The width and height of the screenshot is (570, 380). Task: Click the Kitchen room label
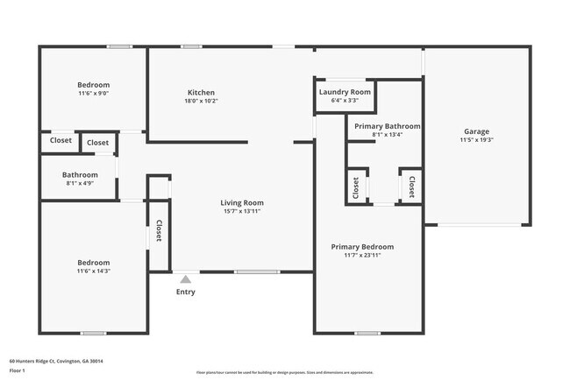(x=201, y=93)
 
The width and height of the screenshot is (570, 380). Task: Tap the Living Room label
(x=242, y=202)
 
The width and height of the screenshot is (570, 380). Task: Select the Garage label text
(x=476, y=131)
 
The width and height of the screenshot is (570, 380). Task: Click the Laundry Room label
(x=345, y=92)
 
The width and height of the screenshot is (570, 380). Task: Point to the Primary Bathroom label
(x=388, y=126)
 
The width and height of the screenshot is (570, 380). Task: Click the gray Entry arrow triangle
(x=185, y=278)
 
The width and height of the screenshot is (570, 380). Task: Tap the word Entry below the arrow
(x=186, y=292)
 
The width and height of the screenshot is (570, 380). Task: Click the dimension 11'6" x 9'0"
(x=93, y=94)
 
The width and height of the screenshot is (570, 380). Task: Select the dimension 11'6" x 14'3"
(x=93, y=271)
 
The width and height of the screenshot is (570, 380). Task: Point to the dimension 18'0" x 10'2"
(x=201, y=102)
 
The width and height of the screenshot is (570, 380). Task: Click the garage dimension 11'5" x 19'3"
(x=476, y=140)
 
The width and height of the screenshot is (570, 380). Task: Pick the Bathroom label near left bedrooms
(x=79, y=174)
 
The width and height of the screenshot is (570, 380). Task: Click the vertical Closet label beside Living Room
(x=159, y=230)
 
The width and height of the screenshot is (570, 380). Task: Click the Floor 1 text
(x=18, y=369)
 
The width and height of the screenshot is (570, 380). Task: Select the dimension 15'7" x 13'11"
(x=242, y=211)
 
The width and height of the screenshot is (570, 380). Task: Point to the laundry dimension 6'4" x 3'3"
(x=345, y=101)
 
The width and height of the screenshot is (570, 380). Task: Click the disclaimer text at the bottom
(x=284, y=372)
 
